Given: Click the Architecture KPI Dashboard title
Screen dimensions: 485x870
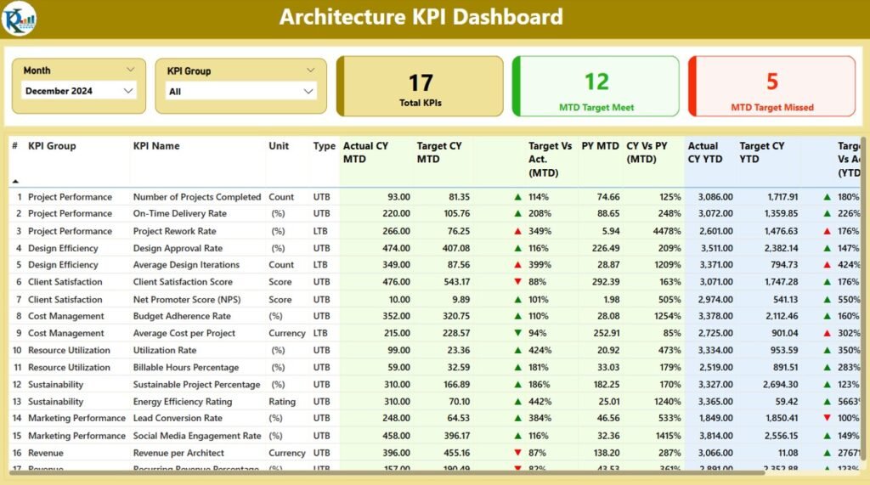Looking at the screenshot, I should coord(421,17).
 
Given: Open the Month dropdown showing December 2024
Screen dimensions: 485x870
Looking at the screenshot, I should coord(79,91).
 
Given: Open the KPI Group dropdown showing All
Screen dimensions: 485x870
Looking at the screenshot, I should coord(241,92).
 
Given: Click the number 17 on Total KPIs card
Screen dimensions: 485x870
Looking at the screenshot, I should coord(421,82).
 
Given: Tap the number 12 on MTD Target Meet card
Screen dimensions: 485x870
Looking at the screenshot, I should coord(596,82).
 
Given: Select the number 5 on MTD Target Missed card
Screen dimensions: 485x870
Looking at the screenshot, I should coord(771,82).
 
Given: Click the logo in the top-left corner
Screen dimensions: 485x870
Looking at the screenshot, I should coord(19,18).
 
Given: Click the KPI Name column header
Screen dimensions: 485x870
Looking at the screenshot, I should coord(156,146).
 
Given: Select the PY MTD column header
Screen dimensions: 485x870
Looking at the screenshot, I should coord(600,146).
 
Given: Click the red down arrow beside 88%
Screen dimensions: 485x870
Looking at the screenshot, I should coord(517,282).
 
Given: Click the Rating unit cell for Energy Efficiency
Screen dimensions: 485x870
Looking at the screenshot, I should coord(282,402).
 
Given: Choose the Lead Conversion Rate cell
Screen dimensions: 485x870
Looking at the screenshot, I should coord(178,418).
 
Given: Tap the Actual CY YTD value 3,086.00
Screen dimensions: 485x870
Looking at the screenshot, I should coord(709,197).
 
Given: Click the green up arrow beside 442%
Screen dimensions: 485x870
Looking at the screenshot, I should coord(517,402).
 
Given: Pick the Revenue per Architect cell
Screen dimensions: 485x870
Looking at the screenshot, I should coord(178,453).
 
